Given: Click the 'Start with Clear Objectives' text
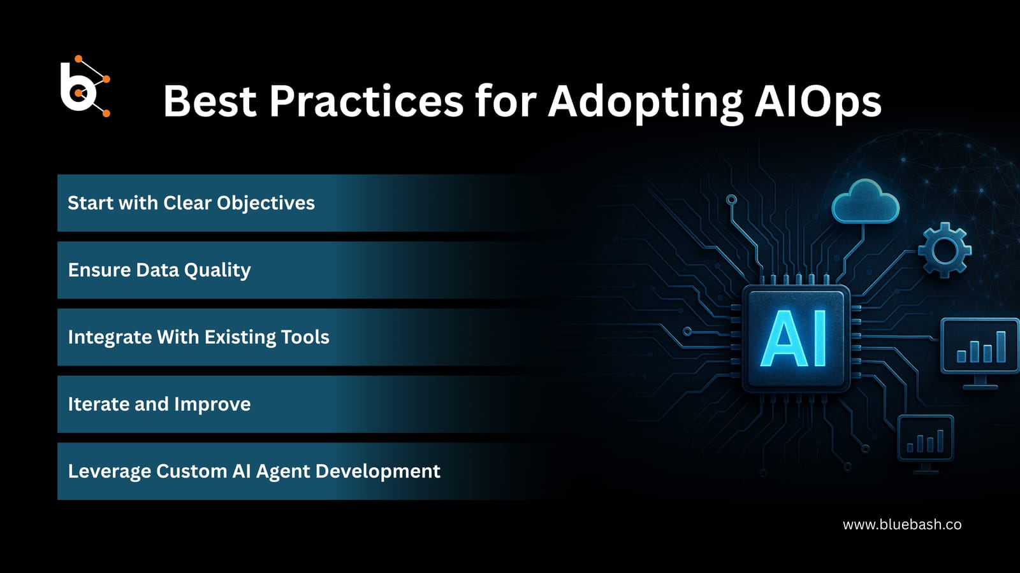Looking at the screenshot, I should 191,203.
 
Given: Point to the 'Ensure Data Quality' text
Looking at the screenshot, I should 159,270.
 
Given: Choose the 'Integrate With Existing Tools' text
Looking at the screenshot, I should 198,337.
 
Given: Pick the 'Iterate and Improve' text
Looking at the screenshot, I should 159,404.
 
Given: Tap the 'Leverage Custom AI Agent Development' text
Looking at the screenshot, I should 254,471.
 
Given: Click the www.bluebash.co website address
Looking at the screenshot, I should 901,525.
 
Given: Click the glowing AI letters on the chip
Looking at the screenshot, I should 795,339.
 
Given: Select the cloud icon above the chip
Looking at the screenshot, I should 865,202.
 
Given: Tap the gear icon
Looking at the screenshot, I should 944,250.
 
